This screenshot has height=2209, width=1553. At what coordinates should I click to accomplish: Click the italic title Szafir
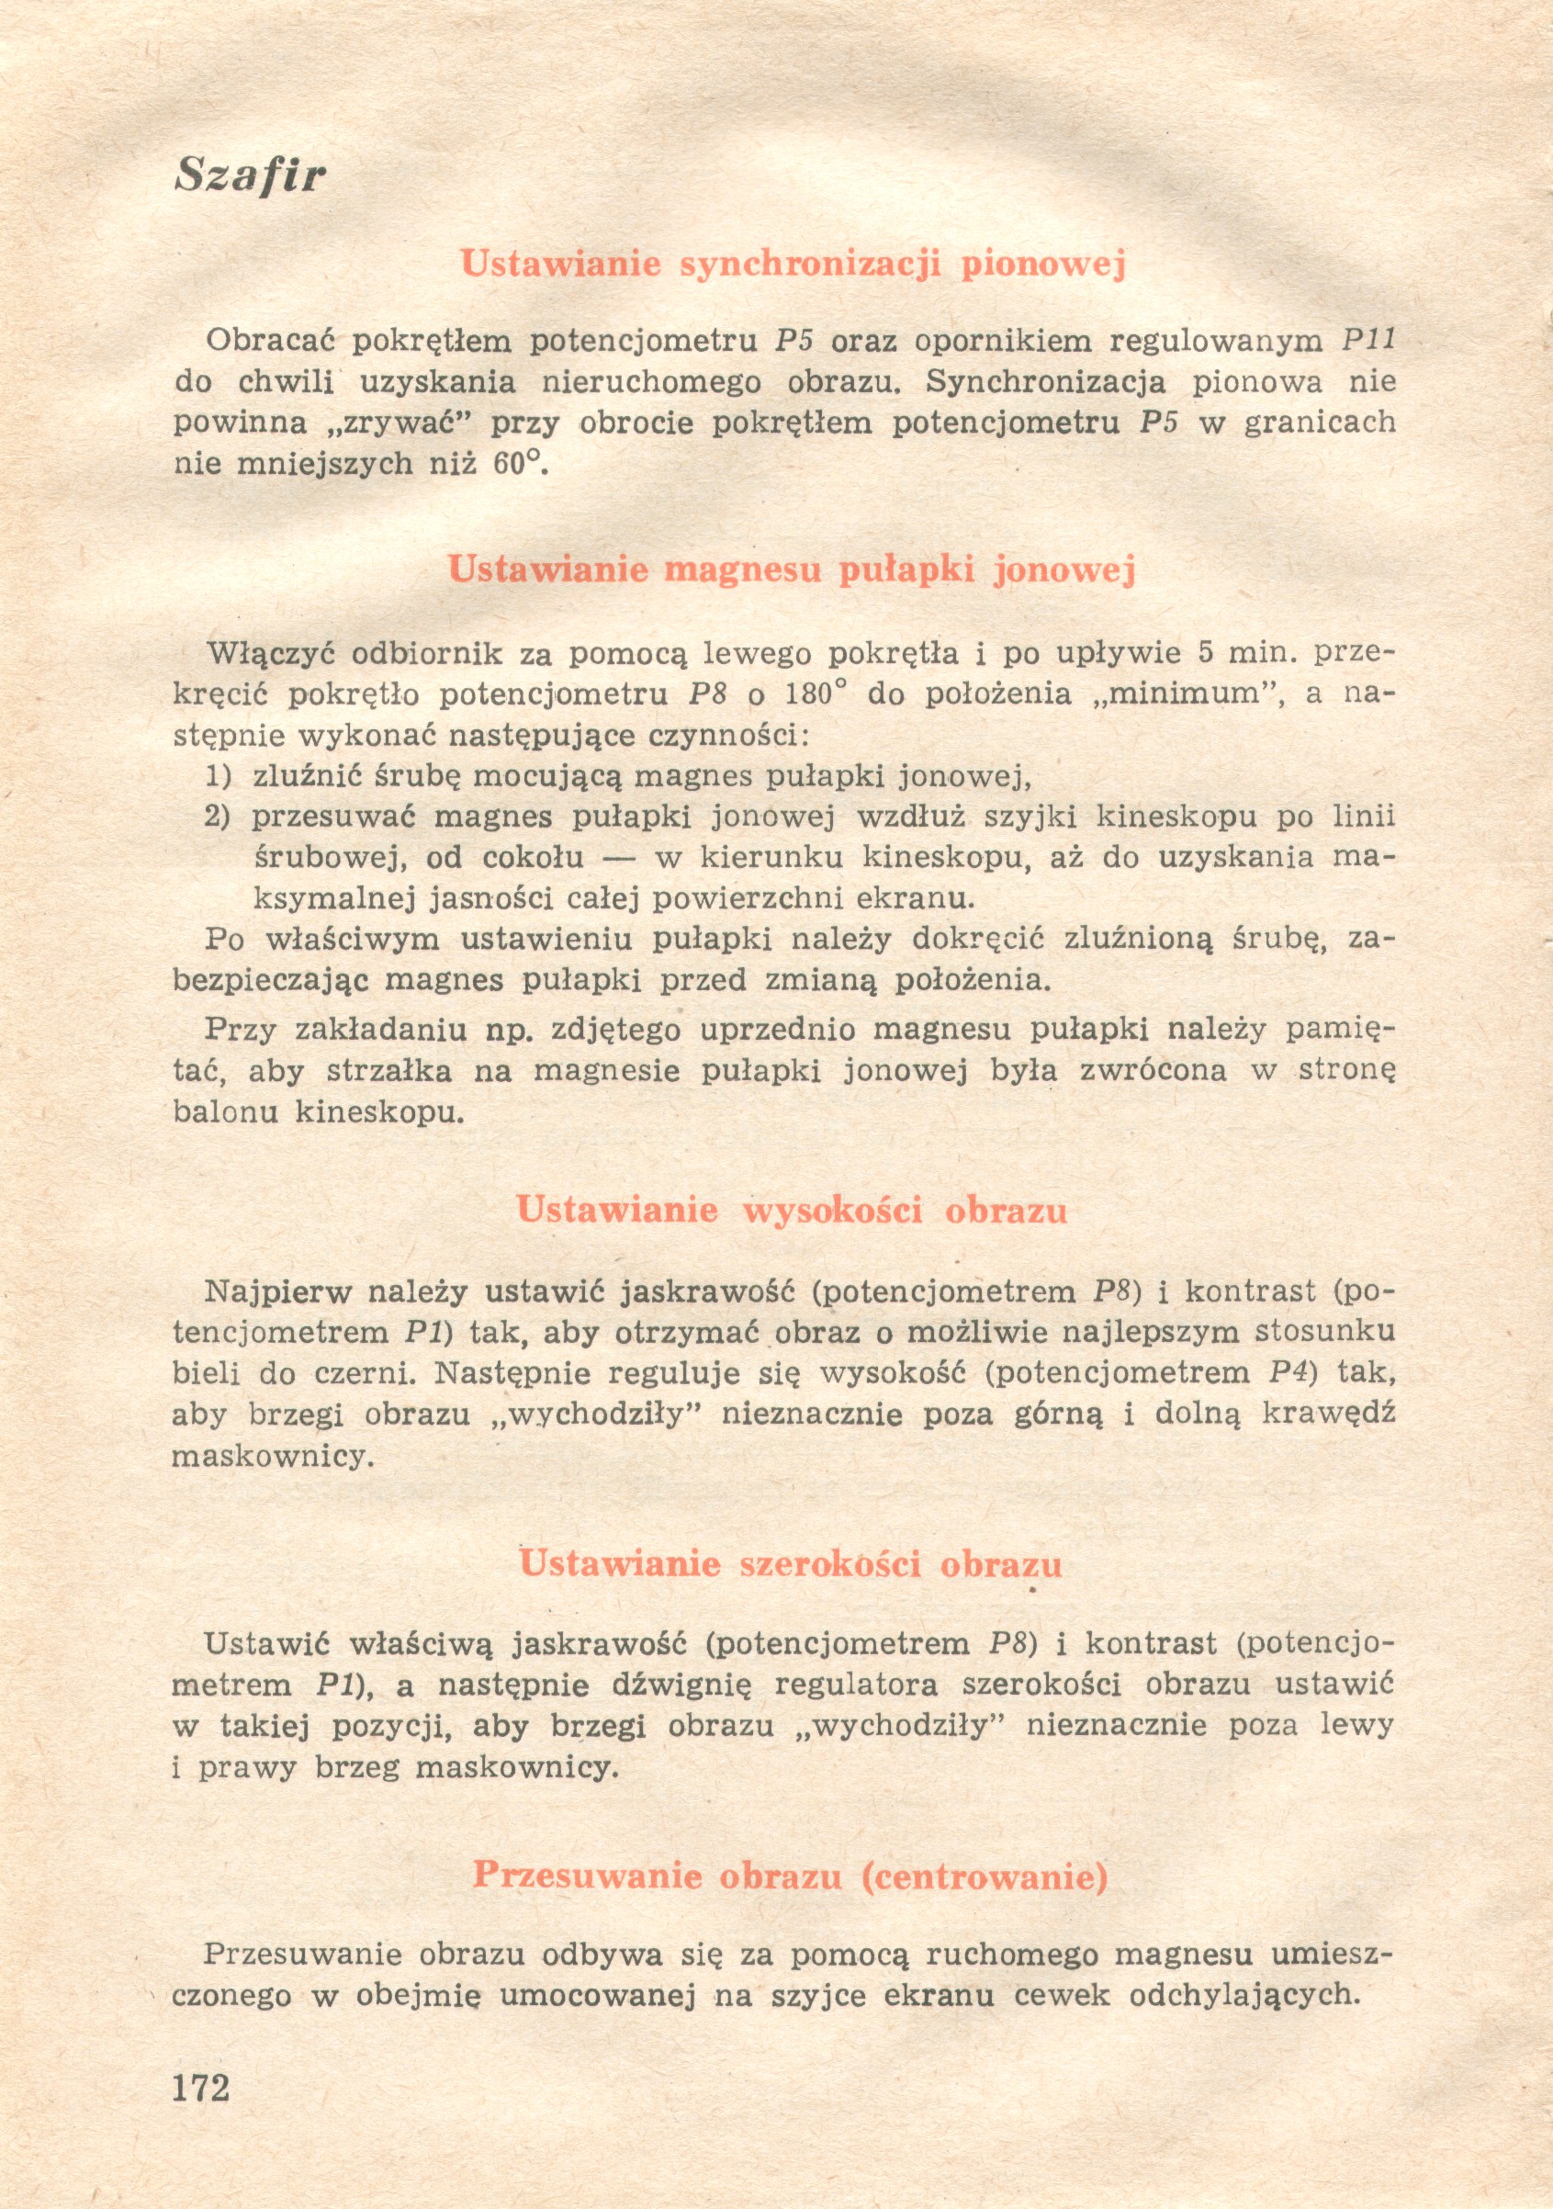click(x=250, y=176)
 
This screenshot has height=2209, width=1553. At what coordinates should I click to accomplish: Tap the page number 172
click(x=201, y=2087)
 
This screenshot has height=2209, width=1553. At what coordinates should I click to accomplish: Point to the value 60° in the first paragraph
click(x=517, y=464)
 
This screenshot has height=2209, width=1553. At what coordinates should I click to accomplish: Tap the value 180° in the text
click(x=815, y=694)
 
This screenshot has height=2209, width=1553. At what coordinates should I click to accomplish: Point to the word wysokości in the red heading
click(x=831, y=1210)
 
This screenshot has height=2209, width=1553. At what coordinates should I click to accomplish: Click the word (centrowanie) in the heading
click(x=985, y=1876)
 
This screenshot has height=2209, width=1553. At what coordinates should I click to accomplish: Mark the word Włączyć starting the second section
click(x=271, y=654)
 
